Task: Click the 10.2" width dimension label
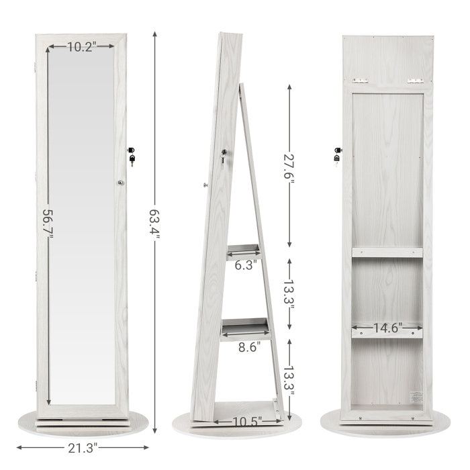[81, 46]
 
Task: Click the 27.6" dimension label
[289, 165]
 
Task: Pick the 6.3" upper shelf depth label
[244, 265]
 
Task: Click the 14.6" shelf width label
[387, 328]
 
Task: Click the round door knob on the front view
[121, 182]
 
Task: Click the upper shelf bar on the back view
[387, 253]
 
